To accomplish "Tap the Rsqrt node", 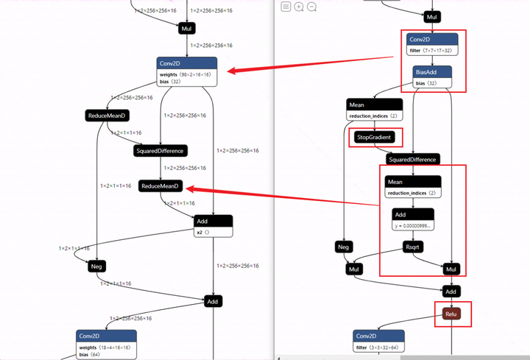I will (412, 247).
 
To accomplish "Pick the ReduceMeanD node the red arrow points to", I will (160, 186).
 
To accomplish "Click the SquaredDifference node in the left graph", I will (160, 150).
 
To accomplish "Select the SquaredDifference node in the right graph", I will (412, 159).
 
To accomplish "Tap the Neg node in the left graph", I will (96, 266).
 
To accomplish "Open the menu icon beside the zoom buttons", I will (286, 7).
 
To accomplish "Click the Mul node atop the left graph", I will (186, 28).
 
